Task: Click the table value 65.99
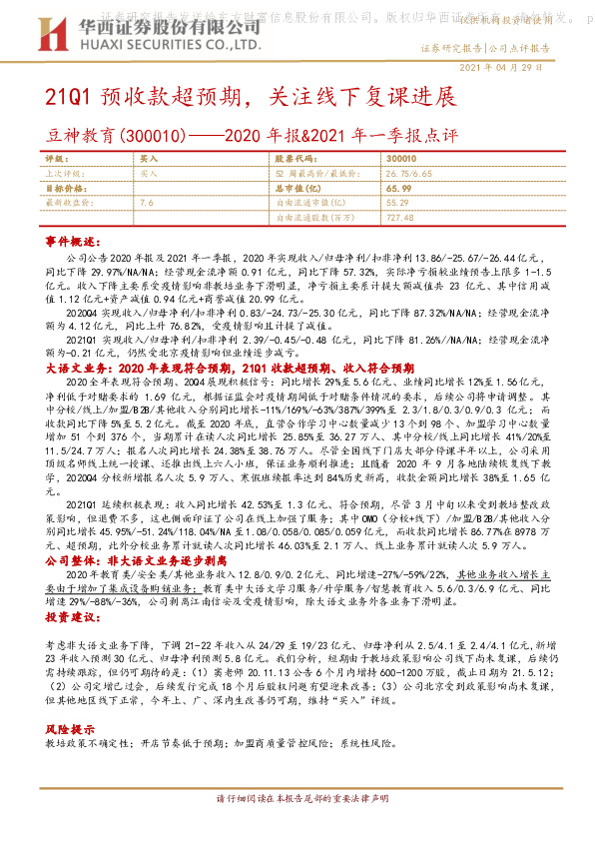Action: click(397, 188)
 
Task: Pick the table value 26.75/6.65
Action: click(406, 173)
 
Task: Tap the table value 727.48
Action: click(399, 217)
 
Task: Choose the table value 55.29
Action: click(397, 202)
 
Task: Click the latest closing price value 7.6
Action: click(147, 202)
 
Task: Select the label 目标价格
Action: click(65, 188)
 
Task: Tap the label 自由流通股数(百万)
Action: click(313, 217)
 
